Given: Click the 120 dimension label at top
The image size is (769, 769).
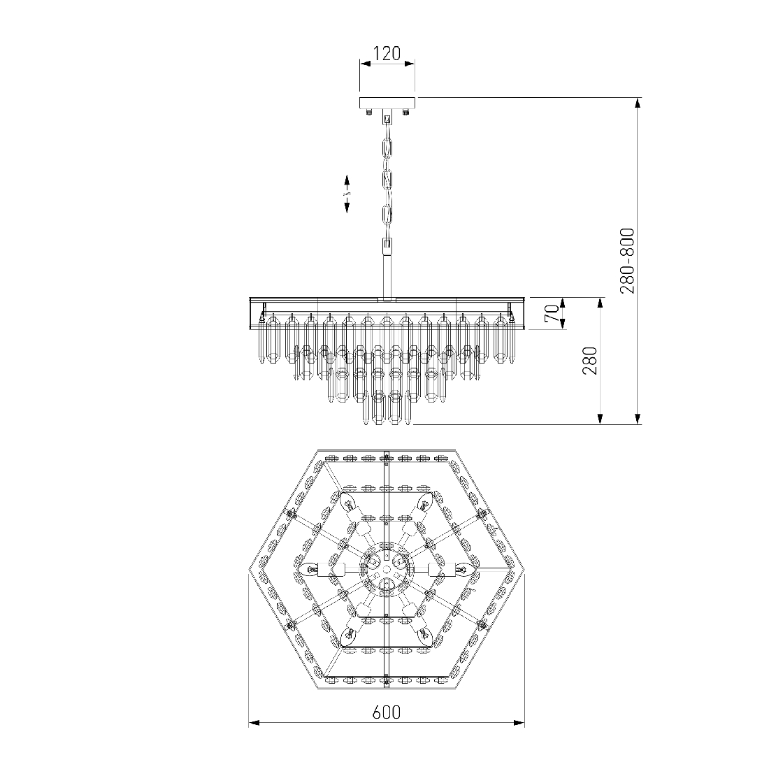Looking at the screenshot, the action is click(387, 53).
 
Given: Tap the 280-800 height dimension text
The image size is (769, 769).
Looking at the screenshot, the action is click(627, 261).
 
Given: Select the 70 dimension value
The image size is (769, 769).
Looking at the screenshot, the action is click(552, 313).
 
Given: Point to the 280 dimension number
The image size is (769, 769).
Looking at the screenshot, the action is click(590, 361).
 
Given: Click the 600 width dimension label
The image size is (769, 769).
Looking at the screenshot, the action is click(387, 712).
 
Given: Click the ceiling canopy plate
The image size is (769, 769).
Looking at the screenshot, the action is click(387, 103).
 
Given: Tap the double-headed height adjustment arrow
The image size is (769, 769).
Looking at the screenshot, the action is click(347, 193).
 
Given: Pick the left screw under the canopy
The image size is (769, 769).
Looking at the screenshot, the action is click(368, 113).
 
